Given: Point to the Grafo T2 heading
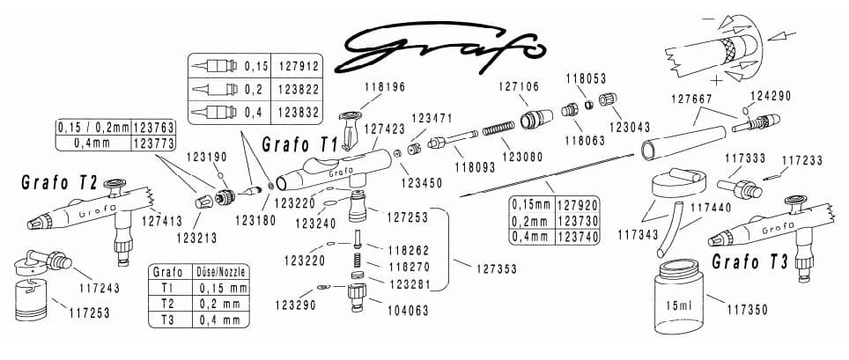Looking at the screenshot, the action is tap(59, 183).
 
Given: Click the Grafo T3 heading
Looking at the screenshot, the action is tap(749, 262).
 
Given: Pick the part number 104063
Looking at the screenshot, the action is tap(409, 311).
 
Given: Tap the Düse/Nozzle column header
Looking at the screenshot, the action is tap(222, 271).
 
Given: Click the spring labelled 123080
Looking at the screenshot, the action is tap(498, 130).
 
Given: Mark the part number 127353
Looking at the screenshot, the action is tap(497, 268).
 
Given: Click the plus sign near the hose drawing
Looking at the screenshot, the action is tap(718, 81).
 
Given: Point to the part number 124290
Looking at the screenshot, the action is tap(771, 96).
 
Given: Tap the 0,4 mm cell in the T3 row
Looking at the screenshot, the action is tap(220, 320).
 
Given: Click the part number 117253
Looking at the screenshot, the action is tap(89, 312).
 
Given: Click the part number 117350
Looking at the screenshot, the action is tap(747, 310).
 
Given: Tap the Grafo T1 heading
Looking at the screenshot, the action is tap(299, 145).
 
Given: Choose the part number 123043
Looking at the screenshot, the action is tap(630, 129).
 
